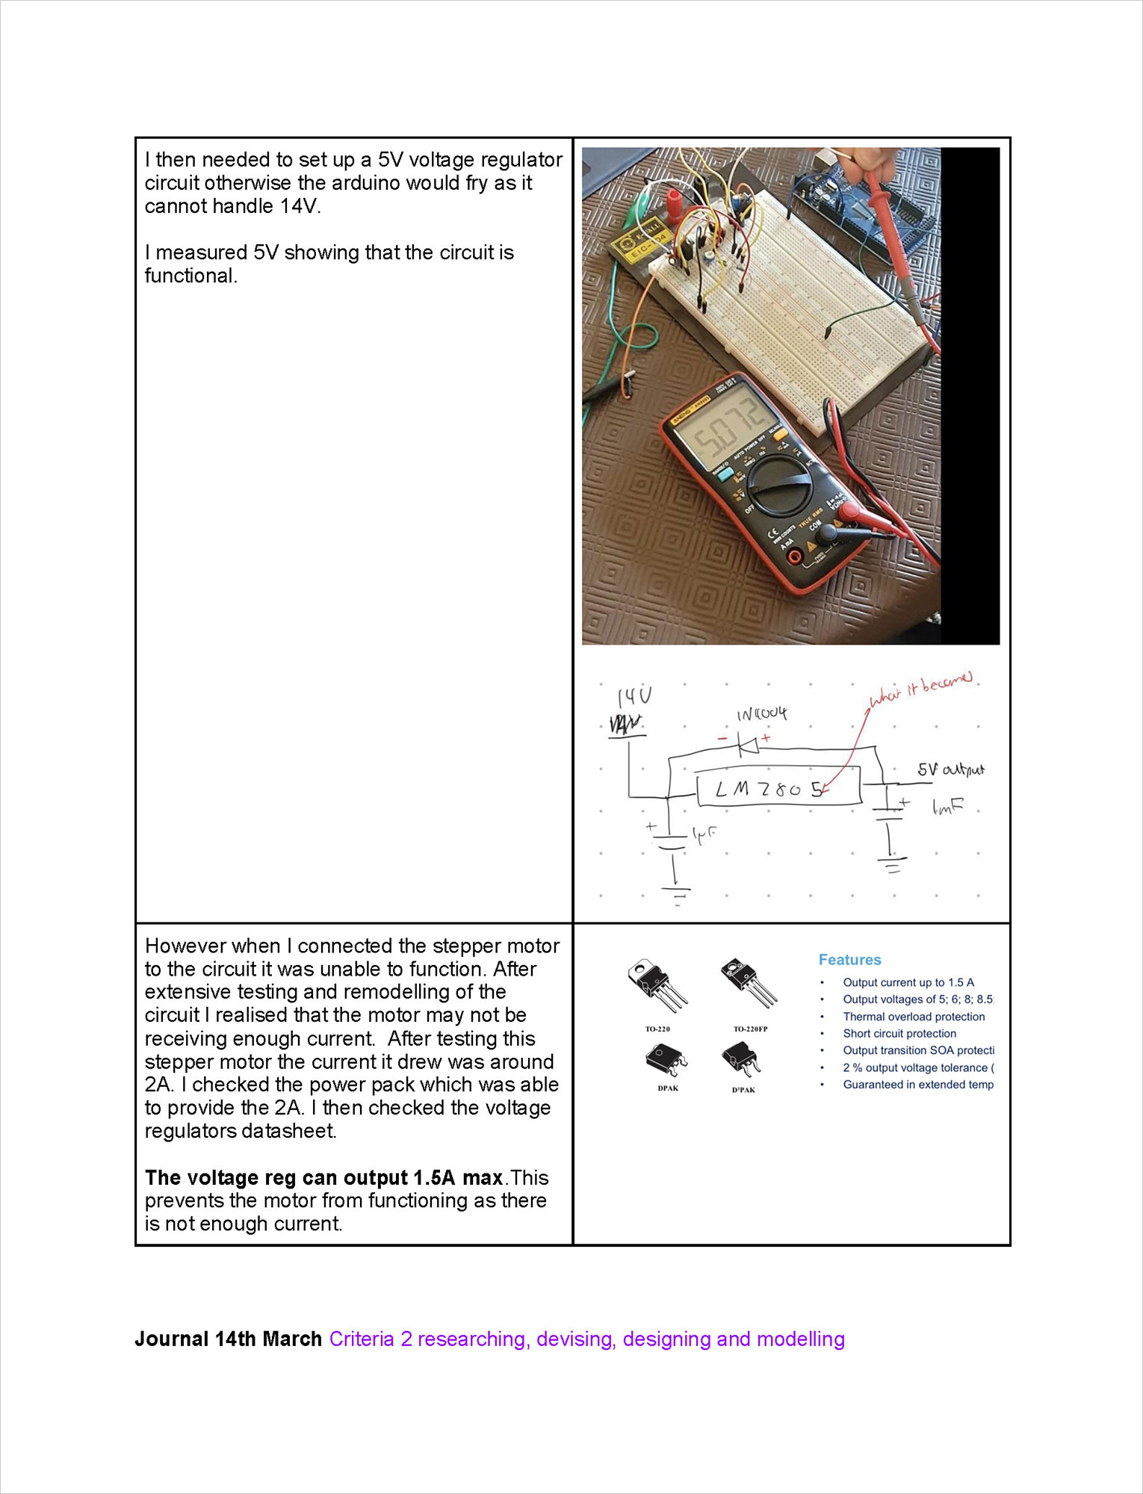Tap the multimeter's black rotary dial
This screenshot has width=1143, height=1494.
(779, 487)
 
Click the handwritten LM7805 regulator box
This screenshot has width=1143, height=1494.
(778, 790)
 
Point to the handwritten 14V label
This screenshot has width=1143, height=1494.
(634, 698)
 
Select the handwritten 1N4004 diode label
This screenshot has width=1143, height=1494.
(761, 714)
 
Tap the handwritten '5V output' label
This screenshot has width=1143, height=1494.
(950, 769)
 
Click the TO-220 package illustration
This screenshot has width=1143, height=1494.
(657, 985)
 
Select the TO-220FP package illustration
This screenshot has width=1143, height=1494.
(749, 982)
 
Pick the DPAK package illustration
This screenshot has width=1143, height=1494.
(666, 1060)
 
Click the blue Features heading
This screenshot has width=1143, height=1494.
(849, 960)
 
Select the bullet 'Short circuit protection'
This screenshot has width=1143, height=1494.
(899, 1034)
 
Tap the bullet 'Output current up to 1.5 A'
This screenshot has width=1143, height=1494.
(908, 982)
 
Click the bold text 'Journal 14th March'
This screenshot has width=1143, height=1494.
(228, 1339)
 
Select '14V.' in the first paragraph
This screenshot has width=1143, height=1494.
(300, 206)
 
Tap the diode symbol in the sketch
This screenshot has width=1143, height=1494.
(747, 745)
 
